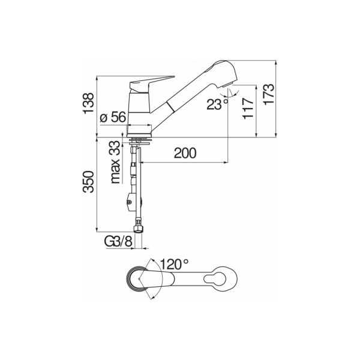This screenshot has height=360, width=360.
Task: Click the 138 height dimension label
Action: click(89, 103)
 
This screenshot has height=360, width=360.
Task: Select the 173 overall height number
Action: click(269, 95)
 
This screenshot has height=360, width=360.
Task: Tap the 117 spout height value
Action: click(248, 109)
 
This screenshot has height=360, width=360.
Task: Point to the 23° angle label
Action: click(218, 104)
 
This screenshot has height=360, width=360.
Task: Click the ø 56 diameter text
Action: click(113, 117)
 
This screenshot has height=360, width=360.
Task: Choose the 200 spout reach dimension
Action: click(185, 153)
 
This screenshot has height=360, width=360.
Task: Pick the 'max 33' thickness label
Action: click(115, 162)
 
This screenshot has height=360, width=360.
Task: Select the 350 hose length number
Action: click(89, 182)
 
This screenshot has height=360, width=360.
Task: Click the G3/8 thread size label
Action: click(119, 242)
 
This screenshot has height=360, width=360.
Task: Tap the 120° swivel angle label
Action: click(174, 265)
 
